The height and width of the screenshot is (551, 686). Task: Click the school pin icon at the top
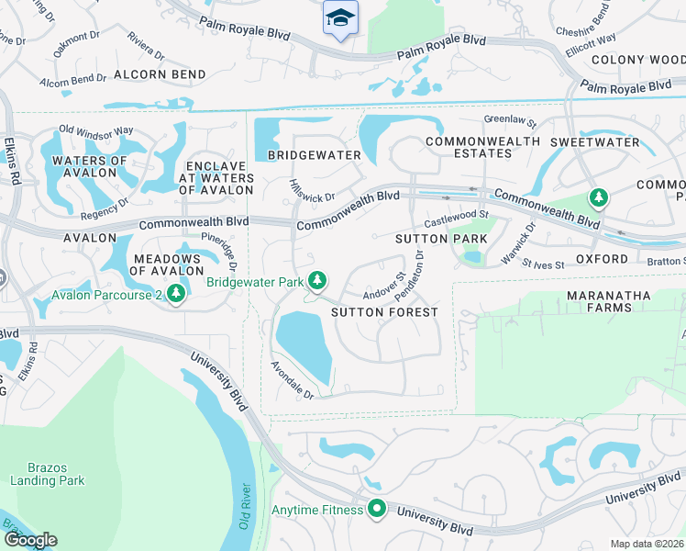(340, 17)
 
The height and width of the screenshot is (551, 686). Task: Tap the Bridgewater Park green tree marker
(318, 280)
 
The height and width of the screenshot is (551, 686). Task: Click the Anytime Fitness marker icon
(377, 508)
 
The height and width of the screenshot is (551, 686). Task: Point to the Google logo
(30, 540)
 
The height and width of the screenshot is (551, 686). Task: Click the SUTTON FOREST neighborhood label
(384, 312)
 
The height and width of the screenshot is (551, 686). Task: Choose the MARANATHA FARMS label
(612, 301)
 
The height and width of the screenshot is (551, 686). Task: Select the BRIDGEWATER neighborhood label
(315, 155)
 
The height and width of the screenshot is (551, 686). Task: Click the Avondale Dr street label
(292, 379)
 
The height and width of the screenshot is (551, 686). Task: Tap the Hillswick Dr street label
(313, 189)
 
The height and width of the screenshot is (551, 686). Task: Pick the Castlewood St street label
(452, 218)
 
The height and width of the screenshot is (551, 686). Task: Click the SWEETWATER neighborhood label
(594, 142)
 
